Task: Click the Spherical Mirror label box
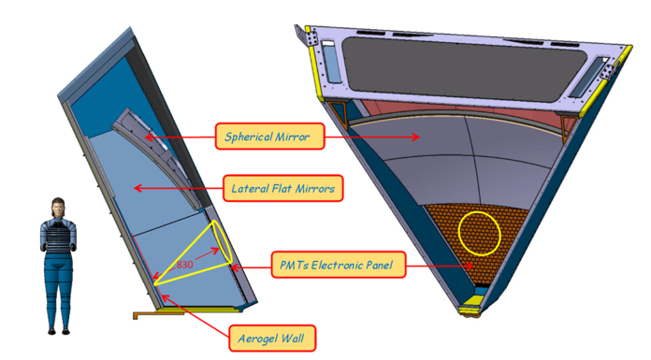tap(269, 137)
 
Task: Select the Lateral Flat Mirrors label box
tap(283, 188)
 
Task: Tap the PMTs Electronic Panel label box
tap(338, 265)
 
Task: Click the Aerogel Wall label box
tap(272, 338)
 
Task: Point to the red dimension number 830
tap(184, 265)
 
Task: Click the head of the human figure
tap(58, 208)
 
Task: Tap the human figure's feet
tap(59, 331)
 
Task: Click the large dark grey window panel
tap(464, 68)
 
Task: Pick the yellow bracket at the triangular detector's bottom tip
tap(471, 304)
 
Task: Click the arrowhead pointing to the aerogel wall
tap(165, 297)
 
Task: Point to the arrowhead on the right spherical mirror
tap(415, 137)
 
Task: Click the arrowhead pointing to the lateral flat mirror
tap(137, 189)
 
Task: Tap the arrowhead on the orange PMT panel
tap(470, 266)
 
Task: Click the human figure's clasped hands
tap(59, 248)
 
